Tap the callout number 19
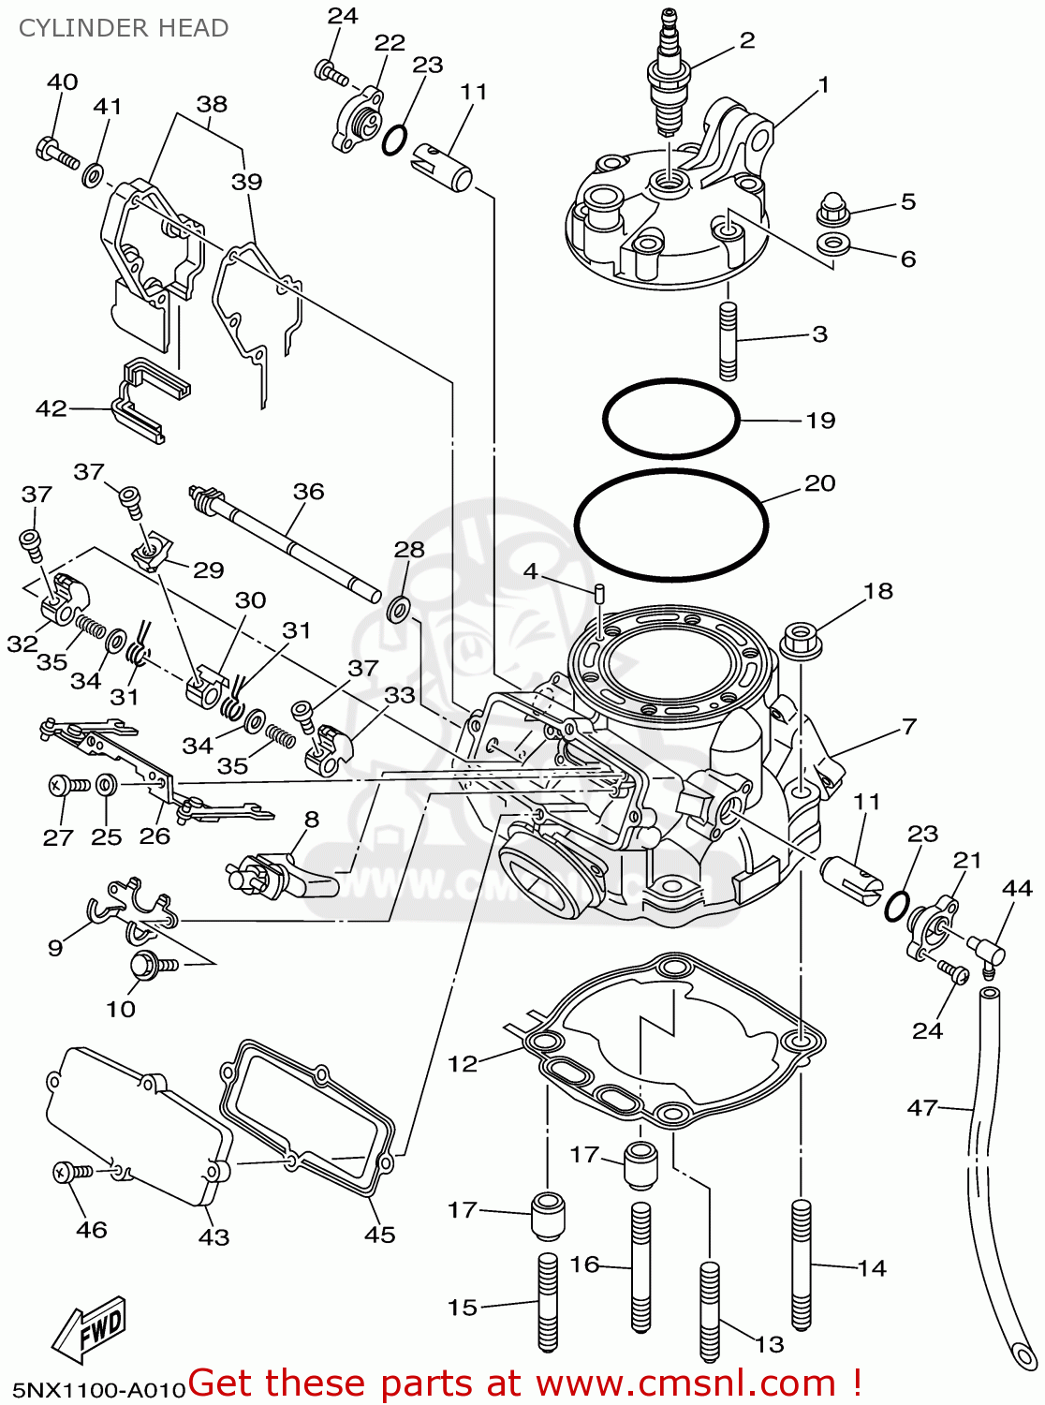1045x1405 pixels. pyautogui.click(x=820, y=421)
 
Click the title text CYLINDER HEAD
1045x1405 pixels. pyautogui.click(x=124, y=28)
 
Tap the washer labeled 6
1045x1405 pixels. pyautogui.click(x=832, y=245)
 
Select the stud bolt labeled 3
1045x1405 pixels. pyautogui.click(x=729, y=342)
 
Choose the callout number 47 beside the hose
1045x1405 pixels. pyautogui.click(x=922, y=1108)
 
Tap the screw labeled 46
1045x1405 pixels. pyautogui.click(x=71, y=1171)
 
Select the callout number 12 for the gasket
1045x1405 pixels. pyautogui.click(x=463, y=1064)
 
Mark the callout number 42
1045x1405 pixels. pyautogui.click(x=52, y=408)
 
